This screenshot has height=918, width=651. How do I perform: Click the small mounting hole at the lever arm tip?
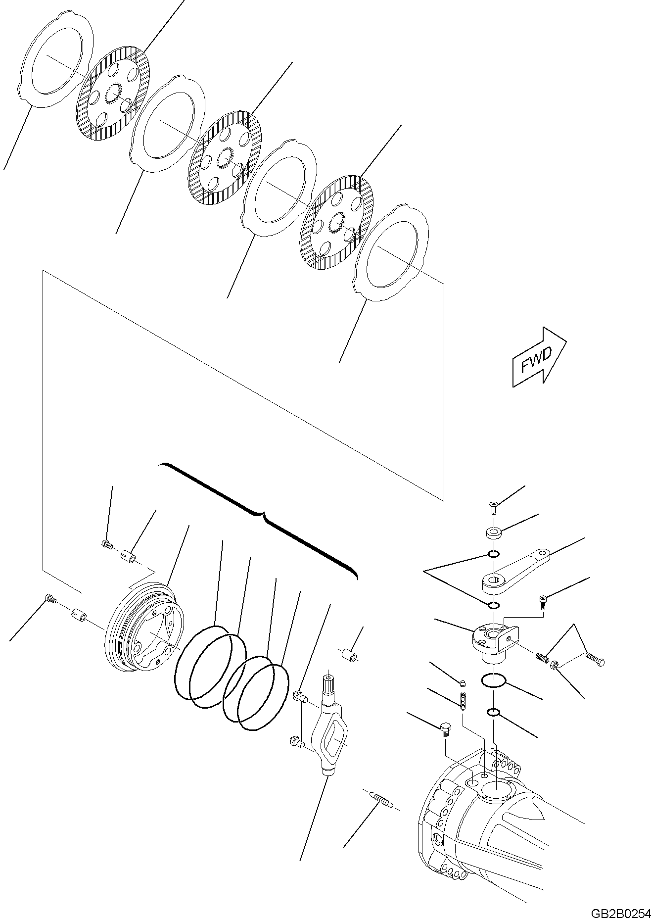545,552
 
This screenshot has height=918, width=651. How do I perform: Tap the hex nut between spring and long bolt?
556,665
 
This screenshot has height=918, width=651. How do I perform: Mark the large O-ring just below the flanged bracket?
493,682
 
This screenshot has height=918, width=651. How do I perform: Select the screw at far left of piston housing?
50,598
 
